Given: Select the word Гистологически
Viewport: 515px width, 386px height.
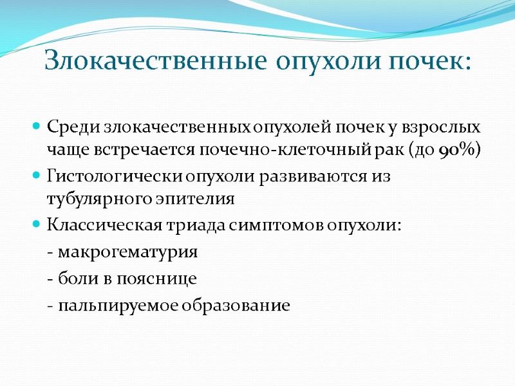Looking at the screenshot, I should (116, 175).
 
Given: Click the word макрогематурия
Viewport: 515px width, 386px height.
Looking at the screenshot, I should (127, 252).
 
